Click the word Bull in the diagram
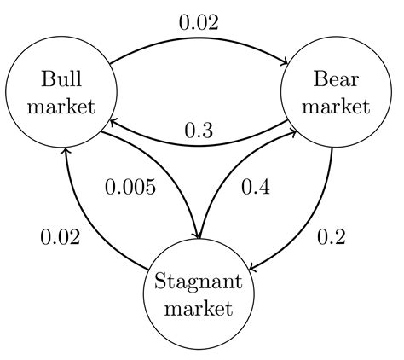(x=61, y=78)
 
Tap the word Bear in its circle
(x=336, y=78)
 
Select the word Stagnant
(x=199, y=282)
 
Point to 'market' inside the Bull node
(x=61, y=107)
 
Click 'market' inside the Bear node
(x=336, y=107)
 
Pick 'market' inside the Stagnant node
(x=199, y=308)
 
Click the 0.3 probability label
(x=199, y=131)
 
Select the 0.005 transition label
(x=130, y=187)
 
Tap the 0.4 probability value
(x=256, y=187)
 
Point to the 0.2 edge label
(x=332, y=236)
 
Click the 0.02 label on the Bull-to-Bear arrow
(x=199, y=22)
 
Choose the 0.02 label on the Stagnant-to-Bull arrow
(x=61, y=236)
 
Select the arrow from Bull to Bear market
(x=199, y=38)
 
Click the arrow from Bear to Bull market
(x=199, y=146)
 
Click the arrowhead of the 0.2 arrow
(x=252, y=268)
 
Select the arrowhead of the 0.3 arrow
(x=113, y=123)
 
